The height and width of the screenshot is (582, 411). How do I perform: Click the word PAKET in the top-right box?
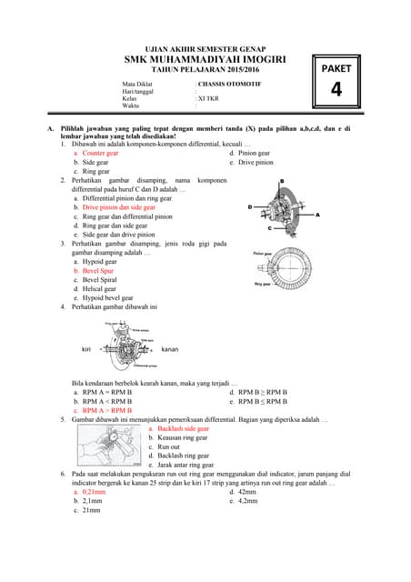[x=336, y=68]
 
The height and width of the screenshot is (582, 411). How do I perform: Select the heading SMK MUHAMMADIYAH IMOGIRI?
[x=205, y=59]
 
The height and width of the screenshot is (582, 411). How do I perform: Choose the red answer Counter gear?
[x=100, y=154]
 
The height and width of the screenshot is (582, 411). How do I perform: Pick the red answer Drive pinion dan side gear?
[x=118, y=207]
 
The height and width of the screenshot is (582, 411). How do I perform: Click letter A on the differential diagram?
[x=317, y=215]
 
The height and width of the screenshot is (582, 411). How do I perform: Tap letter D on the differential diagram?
[x=249, y=207]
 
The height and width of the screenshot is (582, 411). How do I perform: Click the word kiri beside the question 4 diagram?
[x=87, y=349]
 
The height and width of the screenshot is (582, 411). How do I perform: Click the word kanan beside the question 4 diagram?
[x=170, y=349]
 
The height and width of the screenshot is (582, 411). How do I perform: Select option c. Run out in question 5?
[x=168, y=446]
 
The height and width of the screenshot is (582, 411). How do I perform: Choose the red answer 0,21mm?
[x=94, y=491]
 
